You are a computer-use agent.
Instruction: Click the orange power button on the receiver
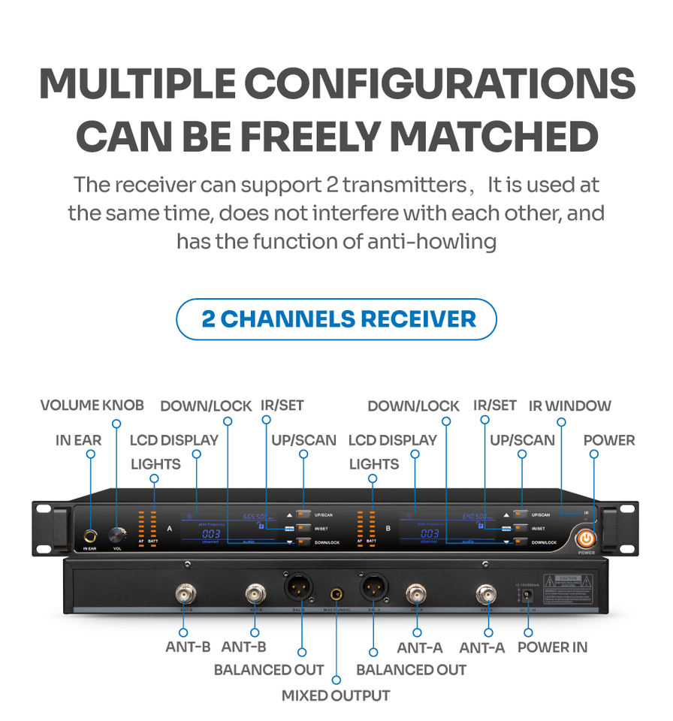586,538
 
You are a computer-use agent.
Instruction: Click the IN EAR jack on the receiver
89,536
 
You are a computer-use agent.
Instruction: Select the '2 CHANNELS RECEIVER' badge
336,318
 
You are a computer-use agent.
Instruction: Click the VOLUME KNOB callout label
92,406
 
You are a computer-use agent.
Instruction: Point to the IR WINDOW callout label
569,406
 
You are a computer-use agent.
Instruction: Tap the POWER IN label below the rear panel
552,647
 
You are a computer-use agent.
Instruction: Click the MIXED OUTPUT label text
336,695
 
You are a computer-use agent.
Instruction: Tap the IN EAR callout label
78,440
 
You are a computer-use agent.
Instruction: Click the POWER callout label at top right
609,440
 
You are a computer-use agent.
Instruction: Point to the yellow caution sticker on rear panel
572,587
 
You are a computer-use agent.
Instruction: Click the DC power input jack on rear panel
529,594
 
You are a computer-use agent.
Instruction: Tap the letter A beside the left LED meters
171,529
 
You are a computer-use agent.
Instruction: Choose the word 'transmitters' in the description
404,185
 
